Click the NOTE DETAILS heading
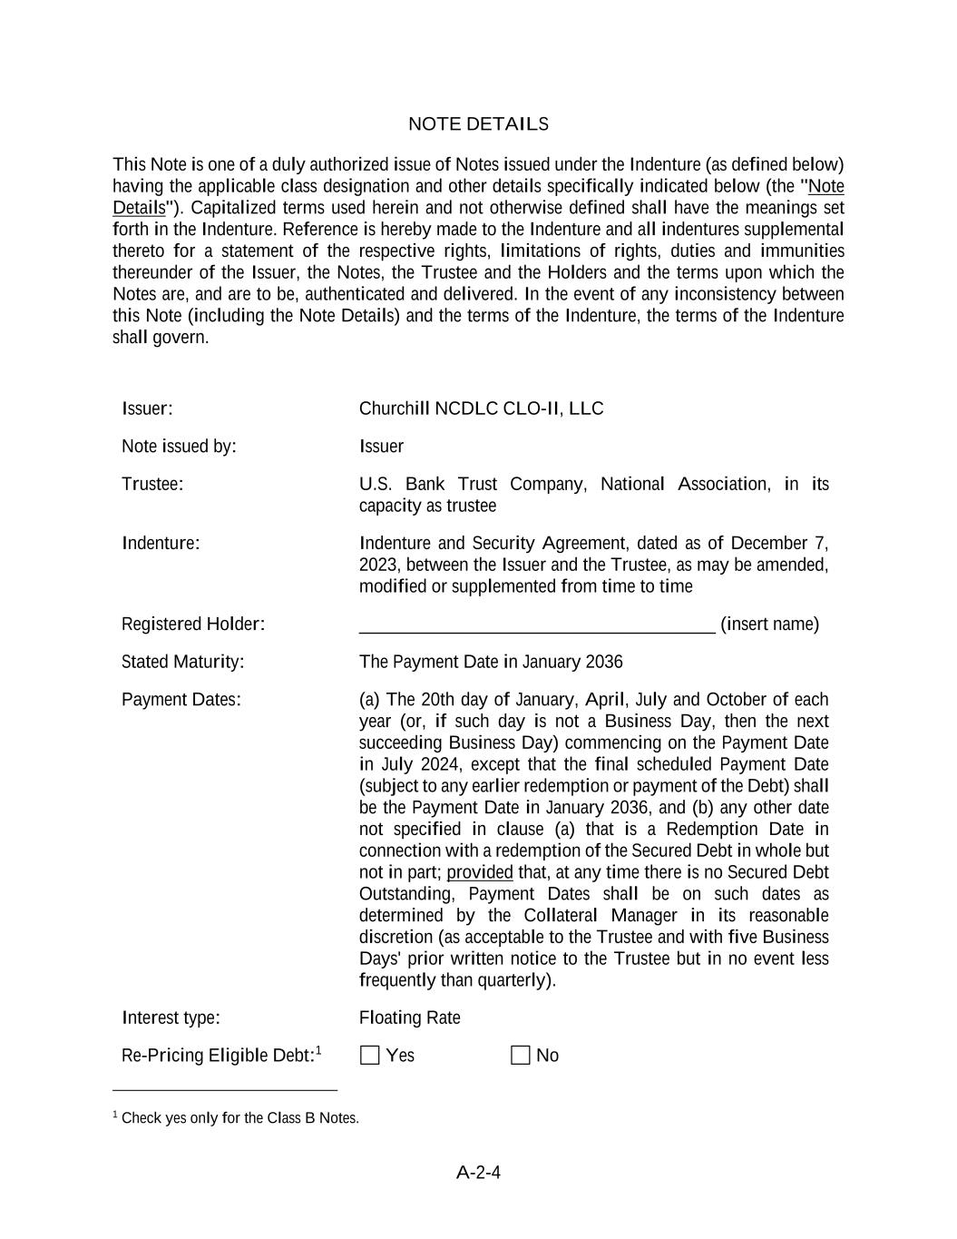click(478, 124)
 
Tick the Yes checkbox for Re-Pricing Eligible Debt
click(369, 1055)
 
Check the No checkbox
click(520, 1055)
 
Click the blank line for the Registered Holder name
click(536, 624)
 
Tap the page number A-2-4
click(478, 1173)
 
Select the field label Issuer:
click(147, 408)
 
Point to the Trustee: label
click(152, 484)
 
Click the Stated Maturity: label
click(182, 662)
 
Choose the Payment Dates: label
click(181, 700)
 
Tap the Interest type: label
click(171, 1018)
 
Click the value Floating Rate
click(409, 1018)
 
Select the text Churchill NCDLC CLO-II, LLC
click(481, 408)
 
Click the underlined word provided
click(479, 872)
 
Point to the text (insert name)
click(769, 624)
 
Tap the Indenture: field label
click(161, 544)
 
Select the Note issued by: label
click(179, 447)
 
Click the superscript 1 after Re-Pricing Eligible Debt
click(318, 1050)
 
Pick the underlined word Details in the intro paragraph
click(139, 208)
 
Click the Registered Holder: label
click(193, 624)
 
